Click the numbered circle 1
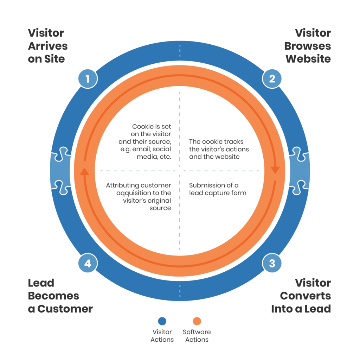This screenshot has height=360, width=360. (x=88, y=78)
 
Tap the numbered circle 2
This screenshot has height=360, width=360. (x=272, y=78)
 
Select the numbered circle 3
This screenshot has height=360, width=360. (x=272, y=263)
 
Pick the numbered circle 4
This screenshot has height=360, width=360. (x=88, y=263)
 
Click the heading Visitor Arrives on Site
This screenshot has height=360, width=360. (x=47, y=46)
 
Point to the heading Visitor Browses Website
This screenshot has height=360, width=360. (x=308, y=46)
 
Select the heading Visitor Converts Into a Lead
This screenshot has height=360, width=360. (x=301, y=296)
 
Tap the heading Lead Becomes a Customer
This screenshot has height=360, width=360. (x=60, y=296)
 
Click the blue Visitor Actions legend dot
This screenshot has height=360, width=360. (x=162, y=321)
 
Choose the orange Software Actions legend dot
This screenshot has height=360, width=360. (x=197, y=321)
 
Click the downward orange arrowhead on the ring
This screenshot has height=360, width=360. (x=275, y=170)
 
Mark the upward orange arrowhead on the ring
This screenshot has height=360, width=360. (x=84, y=171)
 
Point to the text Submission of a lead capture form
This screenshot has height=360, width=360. (x=218, y=189)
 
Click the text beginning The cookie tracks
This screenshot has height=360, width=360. (x=219, y=149)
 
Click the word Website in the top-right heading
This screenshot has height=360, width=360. (x=308, y=59)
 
